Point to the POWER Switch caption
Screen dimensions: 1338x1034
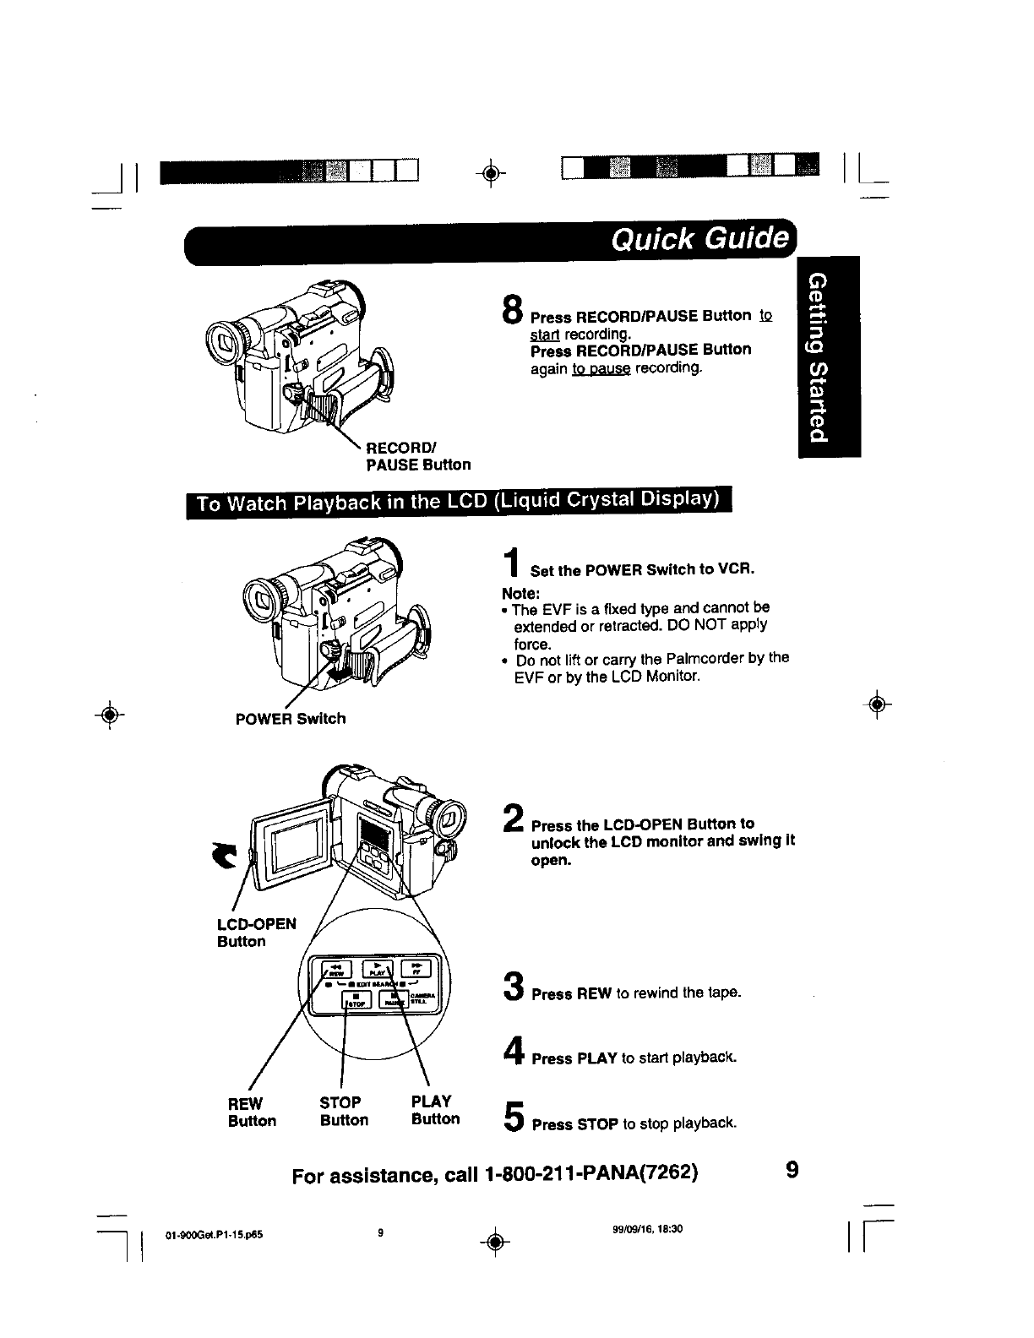290,719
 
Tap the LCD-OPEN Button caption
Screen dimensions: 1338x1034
257,932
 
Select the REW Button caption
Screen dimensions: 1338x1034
252,1112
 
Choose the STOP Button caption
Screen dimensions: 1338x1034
344,1111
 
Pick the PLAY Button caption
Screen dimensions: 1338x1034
435,1110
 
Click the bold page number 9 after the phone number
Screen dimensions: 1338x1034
791,1171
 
